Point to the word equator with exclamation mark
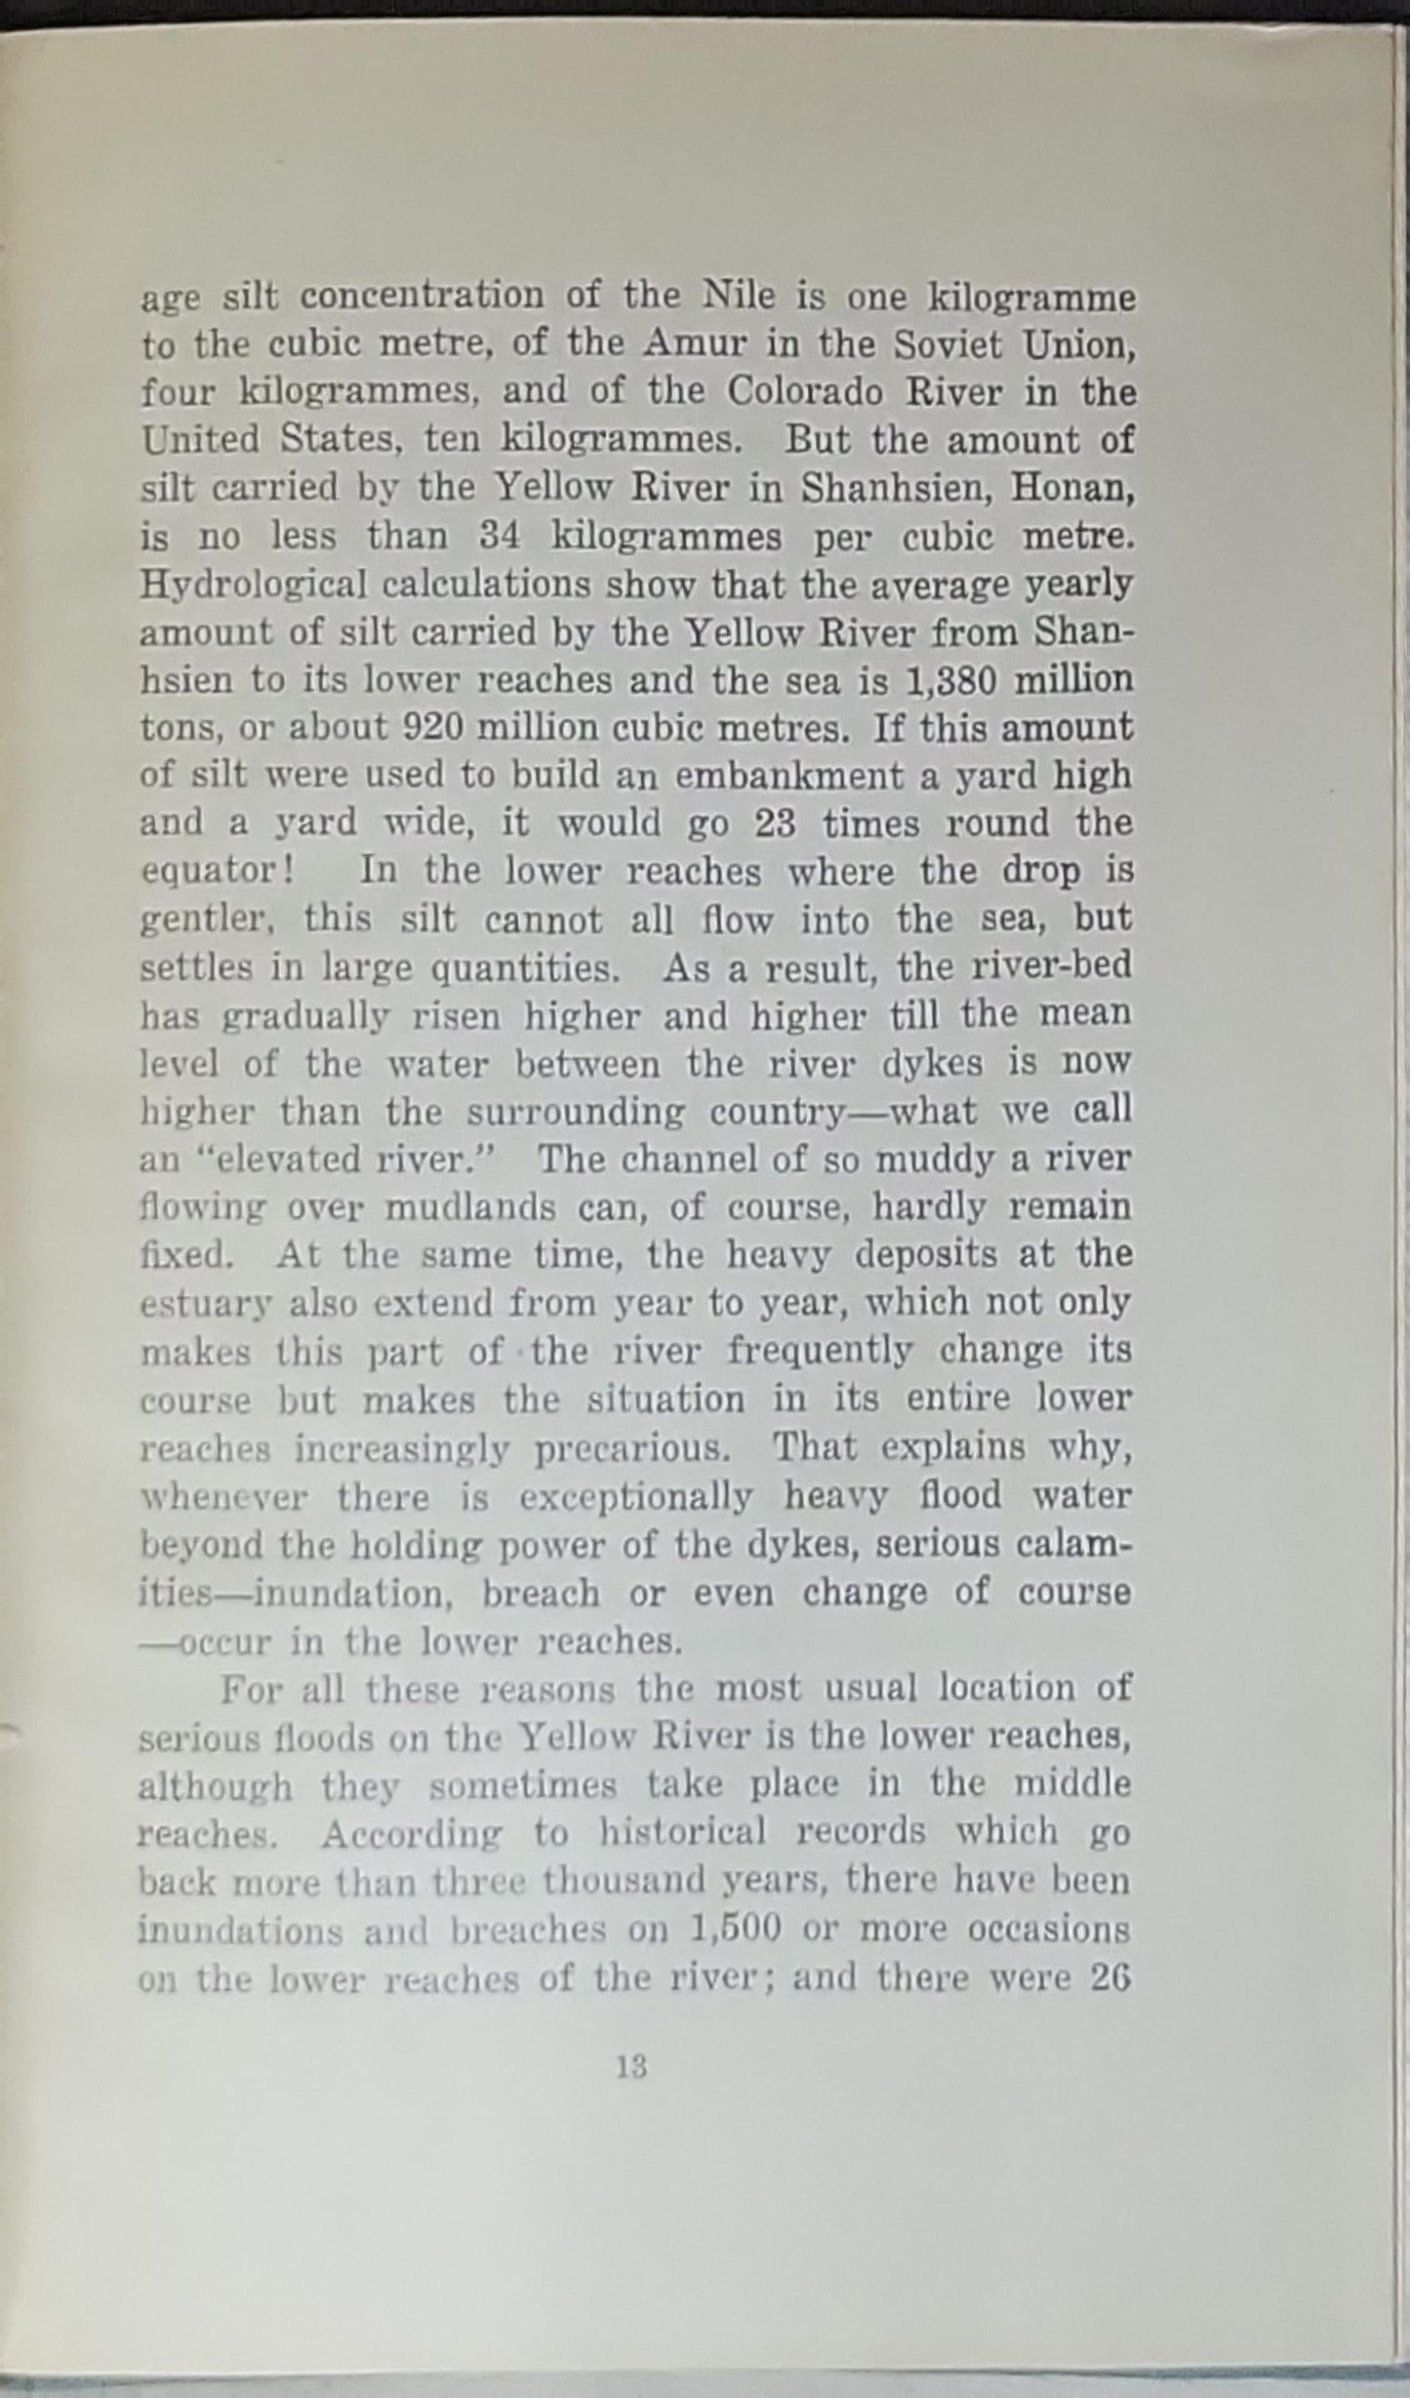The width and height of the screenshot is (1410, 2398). pyautogui.click(x=218, y=872)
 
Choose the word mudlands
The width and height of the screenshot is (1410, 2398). pyautogui.click(x=472, y=1208)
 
